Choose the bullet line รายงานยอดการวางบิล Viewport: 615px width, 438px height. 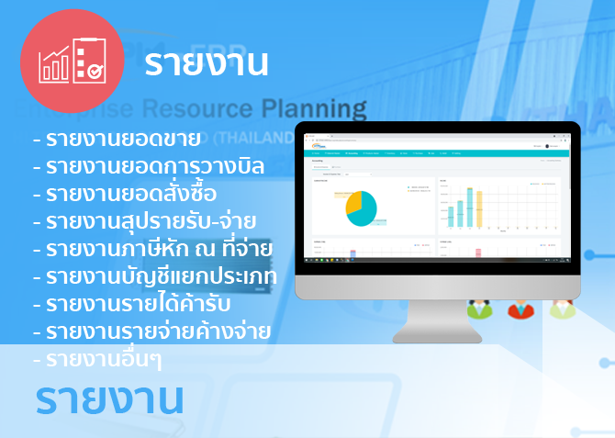click(x=148, y=167)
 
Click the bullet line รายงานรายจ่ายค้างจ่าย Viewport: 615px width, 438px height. click(x=151, y=330)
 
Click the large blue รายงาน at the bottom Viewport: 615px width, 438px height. click(x=110, y=399)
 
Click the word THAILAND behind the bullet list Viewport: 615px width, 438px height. click(x=272, y=139)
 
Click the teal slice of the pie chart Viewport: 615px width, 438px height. click(x=364, y=213)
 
